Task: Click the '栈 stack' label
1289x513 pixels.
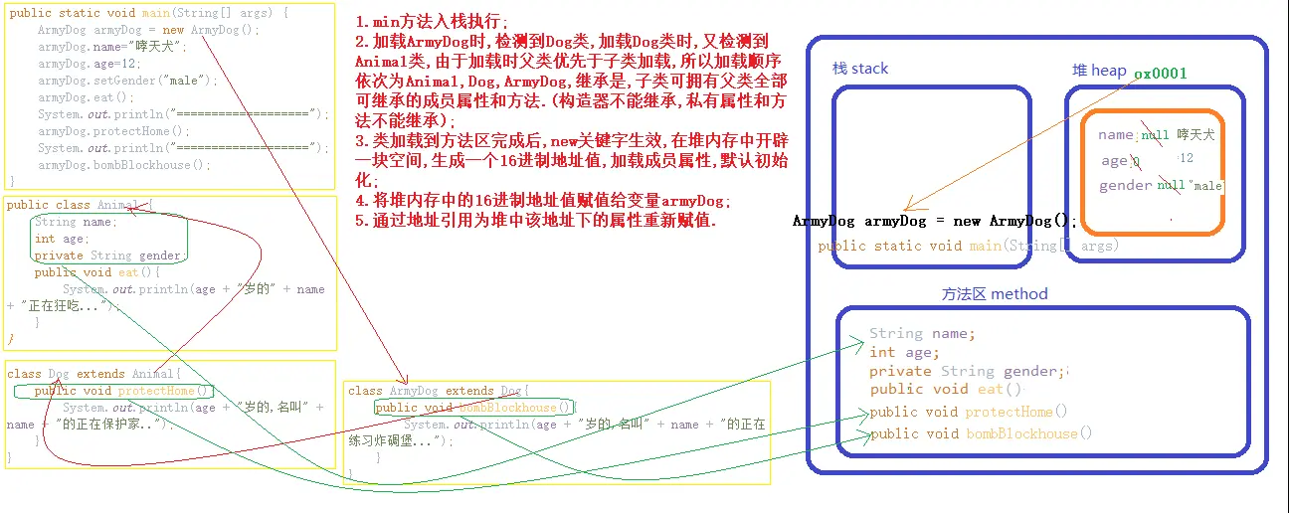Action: (x=860, y=69)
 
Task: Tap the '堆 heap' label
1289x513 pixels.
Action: (x=1098, y=70)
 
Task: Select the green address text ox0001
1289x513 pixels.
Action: (x=1161, y=74)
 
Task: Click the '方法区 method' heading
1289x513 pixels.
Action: (x=994, y=294)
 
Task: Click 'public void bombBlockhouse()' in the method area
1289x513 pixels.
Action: (x=981, y=433)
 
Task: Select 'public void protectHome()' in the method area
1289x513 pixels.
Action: (x=969, y=412)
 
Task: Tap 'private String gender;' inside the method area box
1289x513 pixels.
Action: (x=967, y=371)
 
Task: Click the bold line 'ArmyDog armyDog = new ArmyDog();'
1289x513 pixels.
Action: (x=935, y=222)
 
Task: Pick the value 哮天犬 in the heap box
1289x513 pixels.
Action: (x=1196, y=134)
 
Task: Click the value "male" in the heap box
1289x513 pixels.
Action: (x=1207, y=186)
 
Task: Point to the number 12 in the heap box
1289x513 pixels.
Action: (x=1186, y=159)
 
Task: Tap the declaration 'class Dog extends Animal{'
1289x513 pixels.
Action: (x=94, y=374)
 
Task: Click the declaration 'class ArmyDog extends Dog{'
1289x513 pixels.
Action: (x=439, y=391)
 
